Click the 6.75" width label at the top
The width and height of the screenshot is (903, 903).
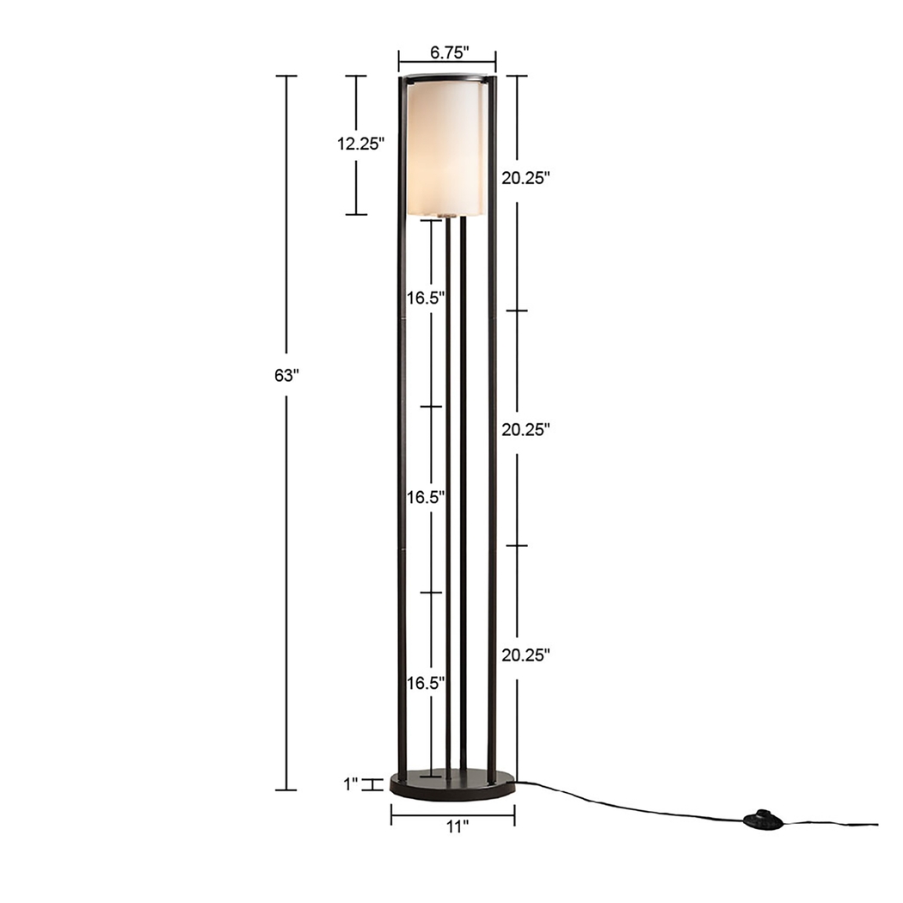point(447,52)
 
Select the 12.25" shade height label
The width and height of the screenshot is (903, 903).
point(359,144)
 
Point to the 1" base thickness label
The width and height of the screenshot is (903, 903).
point(350,783)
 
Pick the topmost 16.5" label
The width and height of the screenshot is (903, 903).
point(426,298)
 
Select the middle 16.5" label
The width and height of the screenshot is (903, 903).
point(426,497)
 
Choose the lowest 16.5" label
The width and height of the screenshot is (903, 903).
point(426,684)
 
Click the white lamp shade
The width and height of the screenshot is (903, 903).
point(445,146)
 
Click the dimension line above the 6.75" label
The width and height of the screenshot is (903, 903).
point(447,62)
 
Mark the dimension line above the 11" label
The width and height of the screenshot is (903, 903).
point(452,814)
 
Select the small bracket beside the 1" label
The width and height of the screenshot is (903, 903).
point(372,783)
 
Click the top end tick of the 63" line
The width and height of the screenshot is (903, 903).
point(286,77)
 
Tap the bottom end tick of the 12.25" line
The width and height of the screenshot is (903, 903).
point(356,214)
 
